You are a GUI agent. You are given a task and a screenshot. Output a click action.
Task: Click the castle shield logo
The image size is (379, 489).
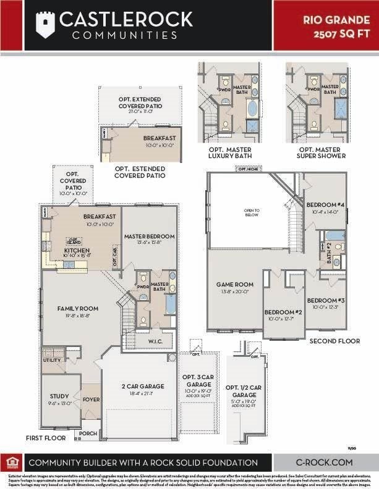(x=43, y=27)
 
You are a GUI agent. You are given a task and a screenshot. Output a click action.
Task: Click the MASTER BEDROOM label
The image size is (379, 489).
(x=149, y=236)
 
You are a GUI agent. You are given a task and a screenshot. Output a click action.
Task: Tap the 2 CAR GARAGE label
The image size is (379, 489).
(x=142, y=387)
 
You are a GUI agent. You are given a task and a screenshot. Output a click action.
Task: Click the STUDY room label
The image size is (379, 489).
(x=59, y=396)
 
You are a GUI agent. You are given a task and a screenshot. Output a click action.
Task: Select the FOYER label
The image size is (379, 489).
(x=92, y=399)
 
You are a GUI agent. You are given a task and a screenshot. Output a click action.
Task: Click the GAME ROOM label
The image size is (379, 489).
(x=232, y=285)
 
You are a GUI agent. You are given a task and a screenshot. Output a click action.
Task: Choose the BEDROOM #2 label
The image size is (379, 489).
(x=283, y=312)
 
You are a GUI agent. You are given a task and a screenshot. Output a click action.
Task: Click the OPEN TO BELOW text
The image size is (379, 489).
(x=252, y=213)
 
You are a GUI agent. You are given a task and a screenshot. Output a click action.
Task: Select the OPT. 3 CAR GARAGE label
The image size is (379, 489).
(x=198, y=380)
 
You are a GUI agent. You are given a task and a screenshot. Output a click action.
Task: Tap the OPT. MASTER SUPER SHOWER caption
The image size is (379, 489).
(x=320, y=153)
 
